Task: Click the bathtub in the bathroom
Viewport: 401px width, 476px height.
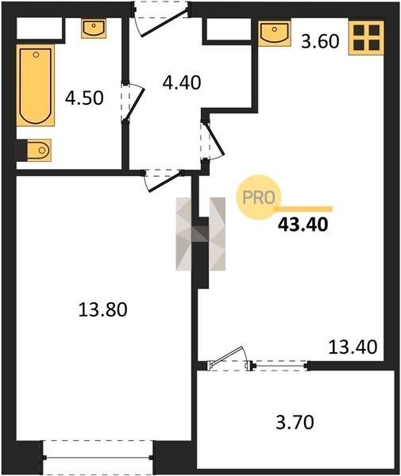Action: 35,86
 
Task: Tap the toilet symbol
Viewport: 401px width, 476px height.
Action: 39,150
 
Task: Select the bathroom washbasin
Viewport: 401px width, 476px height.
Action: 94,29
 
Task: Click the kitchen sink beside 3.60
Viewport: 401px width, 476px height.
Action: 274,33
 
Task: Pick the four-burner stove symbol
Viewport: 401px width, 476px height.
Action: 366,38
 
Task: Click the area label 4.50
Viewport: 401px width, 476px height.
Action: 84,98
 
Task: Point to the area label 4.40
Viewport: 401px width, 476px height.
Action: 182,83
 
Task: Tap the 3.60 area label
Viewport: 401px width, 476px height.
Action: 320,41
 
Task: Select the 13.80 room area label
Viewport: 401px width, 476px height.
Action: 102,310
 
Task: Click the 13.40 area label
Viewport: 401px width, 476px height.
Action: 353,347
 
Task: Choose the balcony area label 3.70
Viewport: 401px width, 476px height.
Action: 295,422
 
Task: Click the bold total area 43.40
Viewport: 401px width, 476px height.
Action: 303,225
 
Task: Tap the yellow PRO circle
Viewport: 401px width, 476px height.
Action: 259,198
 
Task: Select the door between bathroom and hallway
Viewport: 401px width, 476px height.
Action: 132,102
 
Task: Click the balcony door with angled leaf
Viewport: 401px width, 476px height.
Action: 229,359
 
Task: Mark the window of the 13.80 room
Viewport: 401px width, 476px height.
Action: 98,458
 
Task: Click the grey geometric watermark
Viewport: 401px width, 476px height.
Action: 200,234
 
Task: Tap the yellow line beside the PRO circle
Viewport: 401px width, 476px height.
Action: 303,209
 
